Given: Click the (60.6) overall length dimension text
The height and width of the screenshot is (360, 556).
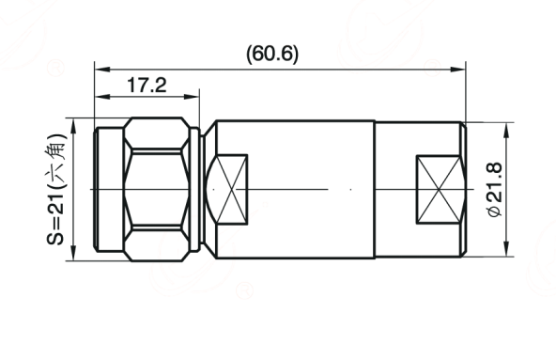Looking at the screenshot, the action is pyautogui.click(x=272, y=54).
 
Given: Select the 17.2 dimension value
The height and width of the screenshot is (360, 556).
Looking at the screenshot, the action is pyautogui.click(x=147, y=86).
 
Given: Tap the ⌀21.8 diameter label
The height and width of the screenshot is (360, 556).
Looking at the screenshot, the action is pyautogui.click(x=495, y=189).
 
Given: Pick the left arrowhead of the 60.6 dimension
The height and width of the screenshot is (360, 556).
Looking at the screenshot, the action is pyautogui.click(x=102, y=69).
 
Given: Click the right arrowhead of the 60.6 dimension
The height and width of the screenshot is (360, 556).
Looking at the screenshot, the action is pyautogui.click(x=457, y=69).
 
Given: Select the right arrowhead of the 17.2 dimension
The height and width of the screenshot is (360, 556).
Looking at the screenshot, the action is pyautogui.click(x=192, y=97).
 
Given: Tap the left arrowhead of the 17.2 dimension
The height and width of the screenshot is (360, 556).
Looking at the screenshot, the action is pyautogui.click(x=102, y=97).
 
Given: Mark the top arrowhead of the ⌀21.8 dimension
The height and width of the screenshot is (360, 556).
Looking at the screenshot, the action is pyautogui.click(x=506, y=131).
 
